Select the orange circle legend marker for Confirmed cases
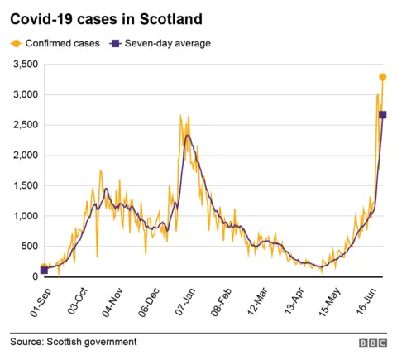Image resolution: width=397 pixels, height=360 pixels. (x=17, y=43)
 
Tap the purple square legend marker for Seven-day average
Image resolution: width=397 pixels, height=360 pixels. (x=117, y=43)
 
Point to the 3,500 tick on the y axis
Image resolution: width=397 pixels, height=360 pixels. (x=24, y=65)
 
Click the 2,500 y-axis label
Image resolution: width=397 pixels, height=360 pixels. (x=24, y=125)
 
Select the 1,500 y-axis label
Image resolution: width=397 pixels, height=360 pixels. (x=24, y=185)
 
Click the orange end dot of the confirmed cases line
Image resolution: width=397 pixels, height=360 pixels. (x=383, y=77)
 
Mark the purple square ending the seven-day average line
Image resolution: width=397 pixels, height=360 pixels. (x=383, y=114)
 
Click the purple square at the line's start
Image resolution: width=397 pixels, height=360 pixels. (x=44, y=270)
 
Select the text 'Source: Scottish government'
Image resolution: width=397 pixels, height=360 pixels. (x=74, y=341)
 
